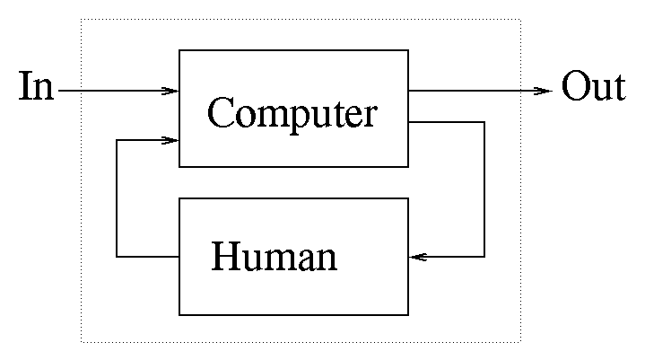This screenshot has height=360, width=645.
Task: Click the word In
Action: point(36,89)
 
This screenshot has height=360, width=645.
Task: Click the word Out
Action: point(593,89)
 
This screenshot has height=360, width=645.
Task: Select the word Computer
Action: point(292,114)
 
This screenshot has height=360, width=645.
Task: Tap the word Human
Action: point(274,258)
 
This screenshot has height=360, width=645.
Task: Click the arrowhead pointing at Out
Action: point(544,91)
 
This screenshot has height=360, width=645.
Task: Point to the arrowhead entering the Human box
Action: point(417,258)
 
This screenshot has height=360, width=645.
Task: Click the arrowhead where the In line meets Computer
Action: point(170,91)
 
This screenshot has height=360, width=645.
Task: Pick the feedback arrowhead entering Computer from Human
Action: point(170,140)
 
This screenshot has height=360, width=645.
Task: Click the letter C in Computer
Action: point(220,112)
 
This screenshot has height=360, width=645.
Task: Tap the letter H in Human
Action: point(225,257)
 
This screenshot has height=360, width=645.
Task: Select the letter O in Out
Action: point(576,89)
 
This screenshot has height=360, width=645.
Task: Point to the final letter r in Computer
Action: point(370,116)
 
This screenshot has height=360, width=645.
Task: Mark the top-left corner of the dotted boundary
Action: point(82,19)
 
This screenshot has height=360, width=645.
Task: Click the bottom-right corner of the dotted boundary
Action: point(520,341)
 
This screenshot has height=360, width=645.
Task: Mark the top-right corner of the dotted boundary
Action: point(520,19)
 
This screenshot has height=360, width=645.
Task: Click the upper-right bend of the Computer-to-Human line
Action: point(484,122)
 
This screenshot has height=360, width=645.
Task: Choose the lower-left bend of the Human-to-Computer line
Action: point(118,258)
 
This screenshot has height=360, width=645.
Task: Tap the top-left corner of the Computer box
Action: point(179,51)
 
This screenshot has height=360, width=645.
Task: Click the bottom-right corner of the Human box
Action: point(408,314)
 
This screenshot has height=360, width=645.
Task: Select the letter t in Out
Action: point(618,90)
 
